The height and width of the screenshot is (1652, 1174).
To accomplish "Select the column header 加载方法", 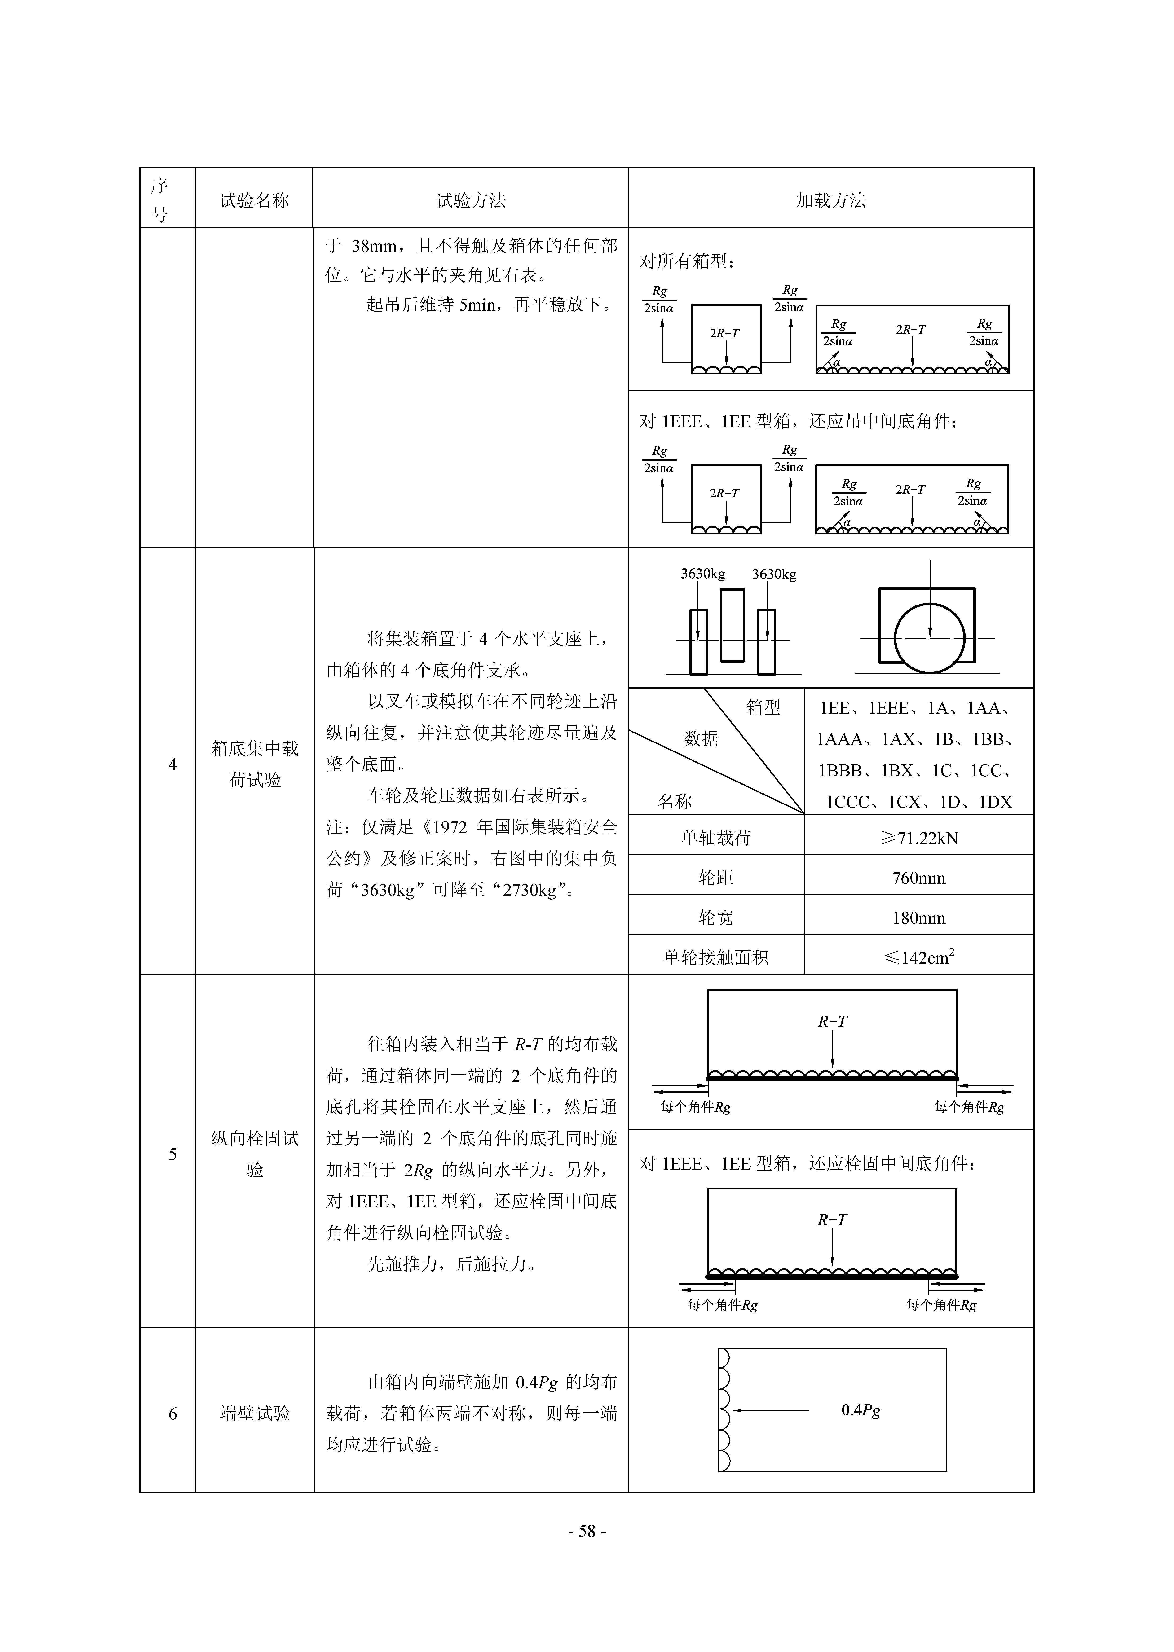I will click(x=831, y=200).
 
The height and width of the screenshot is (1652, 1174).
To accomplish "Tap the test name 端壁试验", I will click(x=255, y=1413).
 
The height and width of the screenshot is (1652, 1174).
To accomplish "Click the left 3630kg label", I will click(x=703, y=574).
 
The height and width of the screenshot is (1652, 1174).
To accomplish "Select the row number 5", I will click(x=173, y=1155).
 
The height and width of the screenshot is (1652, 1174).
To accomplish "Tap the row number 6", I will click(x=173, y=1413).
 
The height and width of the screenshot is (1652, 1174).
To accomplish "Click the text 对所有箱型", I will click(x=687, y=261).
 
